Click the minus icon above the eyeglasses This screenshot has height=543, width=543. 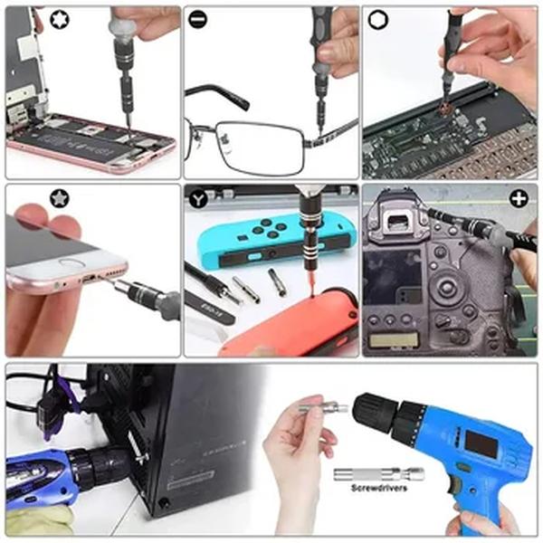197,17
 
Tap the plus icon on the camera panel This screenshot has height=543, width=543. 519,198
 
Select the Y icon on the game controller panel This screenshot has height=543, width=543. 198,197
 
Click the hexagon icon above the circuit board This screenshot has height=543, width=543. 376,17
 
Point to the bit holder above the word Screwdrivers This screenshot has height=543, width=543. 377,472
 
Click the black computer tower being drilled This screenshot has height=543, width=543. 181,434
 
